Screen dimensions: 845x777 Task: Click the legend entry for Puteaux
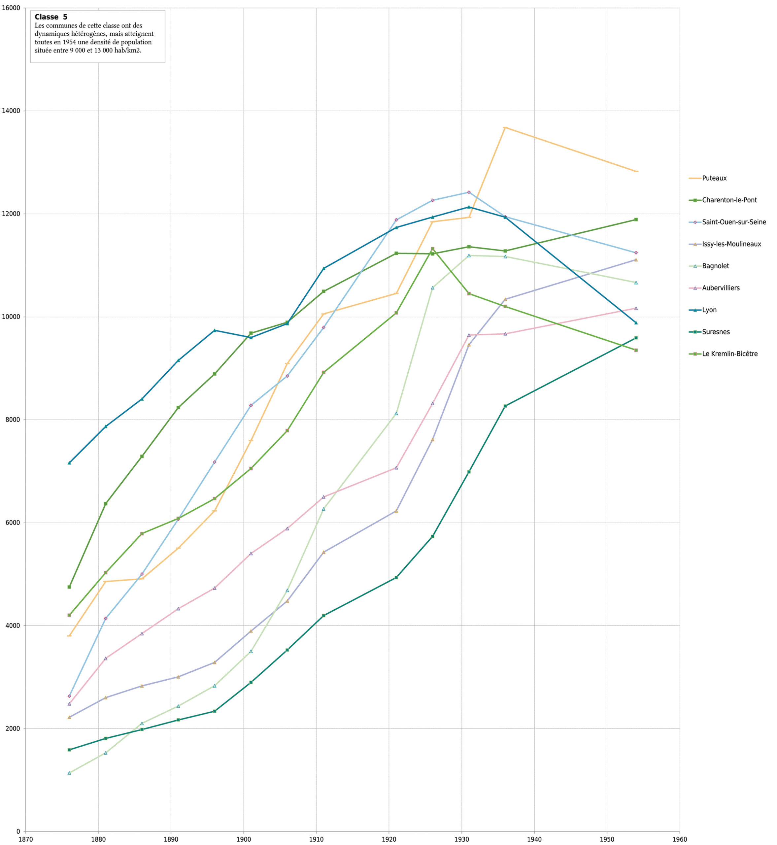coord(714,178)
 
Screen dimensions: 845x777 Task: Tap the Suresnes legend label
coord(716,332)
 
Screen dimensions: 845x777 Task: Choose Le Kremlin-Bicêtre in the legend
coord(729,354)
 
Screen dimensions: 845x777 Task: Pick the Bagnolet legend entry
coord(715,266)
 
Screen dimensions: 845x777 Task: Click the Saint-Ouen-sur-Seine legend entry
coord(734,222)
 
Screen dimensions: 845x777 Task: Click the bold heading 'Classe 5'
coord(51,17)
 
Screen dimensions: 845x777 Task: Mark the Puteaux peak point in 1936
coord(505,127)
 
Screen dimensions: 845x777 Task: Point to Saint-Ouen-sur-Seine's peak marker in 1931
coord(469,192)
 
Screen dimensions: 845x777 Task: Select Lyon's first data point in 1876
coord(69,463)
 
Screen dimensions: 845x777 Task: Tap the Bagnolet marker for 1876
coord(69,773)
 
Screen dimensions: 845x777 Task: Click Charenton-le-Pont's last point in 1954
coord(636,220)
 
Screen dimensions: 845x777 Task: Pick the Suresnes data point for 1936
coord(505,406)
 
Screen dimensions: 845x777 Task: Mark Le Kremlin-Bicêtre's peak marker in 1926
coord(432,249)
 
